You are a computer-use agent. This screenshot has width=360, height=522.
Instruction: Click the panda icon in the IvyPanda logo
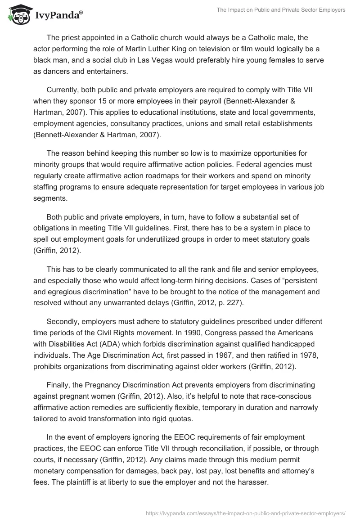(17, 15)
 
